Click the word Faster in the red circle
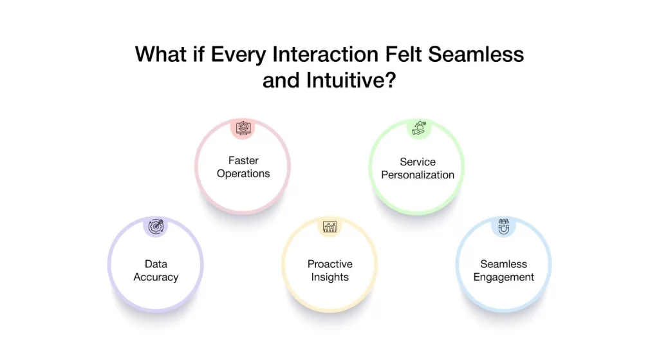point(243,160)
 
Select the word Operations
point(243,174)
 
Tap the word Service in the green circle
point(418,162)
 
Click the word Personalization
point(418,175)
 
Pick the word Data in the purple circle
point(156,264)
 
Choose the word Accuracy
point(156,278)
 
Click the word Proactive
point(329,264)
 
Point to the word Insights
point(329,278)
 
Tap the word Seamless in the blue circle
point(503,264)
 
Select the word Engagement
point(503,278)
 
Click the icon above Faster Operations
point(243,128)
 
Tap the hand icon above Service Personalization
point(418,128)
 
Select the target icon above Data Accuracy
point(156,227)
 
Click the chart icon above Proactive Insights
point(329,227)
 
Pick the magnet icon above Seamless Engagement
point(503,227)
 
